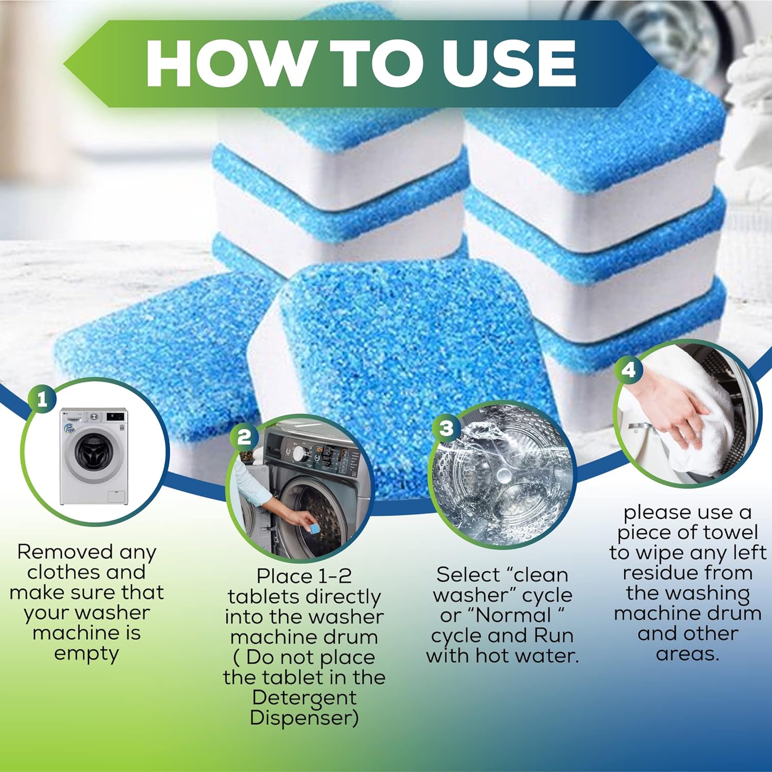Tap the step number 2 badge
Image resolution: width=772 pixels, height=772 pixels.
coord(244,437)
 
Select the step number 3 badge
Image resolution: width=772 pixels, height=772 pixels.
coord(447,428)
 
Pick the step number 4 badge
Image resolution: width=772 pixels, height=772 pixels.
coord(629,370)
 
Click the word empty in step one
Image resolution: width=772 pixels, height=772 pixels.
coord(86,654)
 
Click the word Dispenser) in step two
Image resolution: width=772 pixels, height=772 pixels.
coord(304,717)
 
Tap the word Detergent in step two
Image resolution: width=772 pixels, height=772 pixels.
coord(304,697)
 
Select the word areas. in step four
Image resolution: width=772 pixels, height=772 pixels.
coord(688,654)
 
